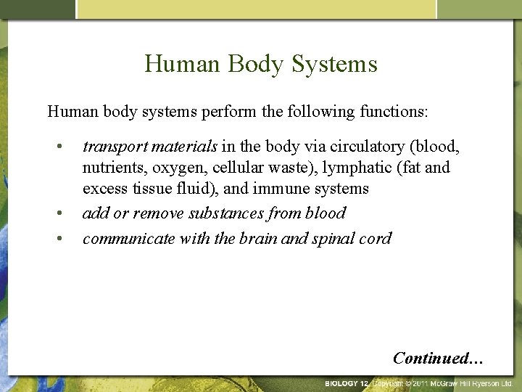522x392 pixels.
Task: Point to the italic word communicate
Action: [122, 237]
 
